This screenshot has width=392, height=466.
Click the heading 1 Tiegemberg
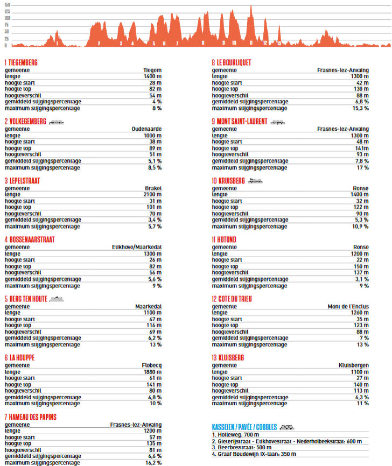22,62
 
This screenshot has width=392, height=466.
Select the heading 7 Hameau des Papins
31,416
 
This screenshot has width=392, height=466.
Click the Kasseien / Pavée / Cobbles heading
245,427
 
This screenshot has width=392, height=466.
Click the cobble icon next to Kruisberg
255,181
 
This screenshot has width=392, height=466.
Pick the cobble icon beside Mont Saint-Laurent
277,122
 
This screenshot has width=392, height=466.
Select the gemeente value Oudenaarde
146,129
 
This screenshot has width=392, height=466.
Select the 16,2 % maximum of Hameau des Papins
149,463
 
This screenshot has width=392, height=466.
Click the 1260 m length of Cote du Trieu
358,313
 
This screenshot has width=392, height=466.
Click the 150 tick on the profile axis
7,4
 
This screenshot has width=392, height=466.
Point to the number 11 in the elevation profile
251,43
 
